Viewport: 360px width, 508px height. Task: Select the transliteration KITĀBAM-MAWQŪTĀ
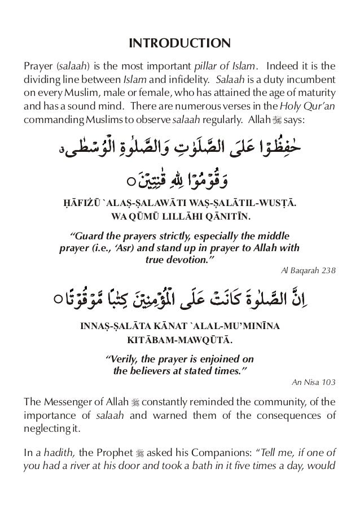(x=179, y=340)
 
